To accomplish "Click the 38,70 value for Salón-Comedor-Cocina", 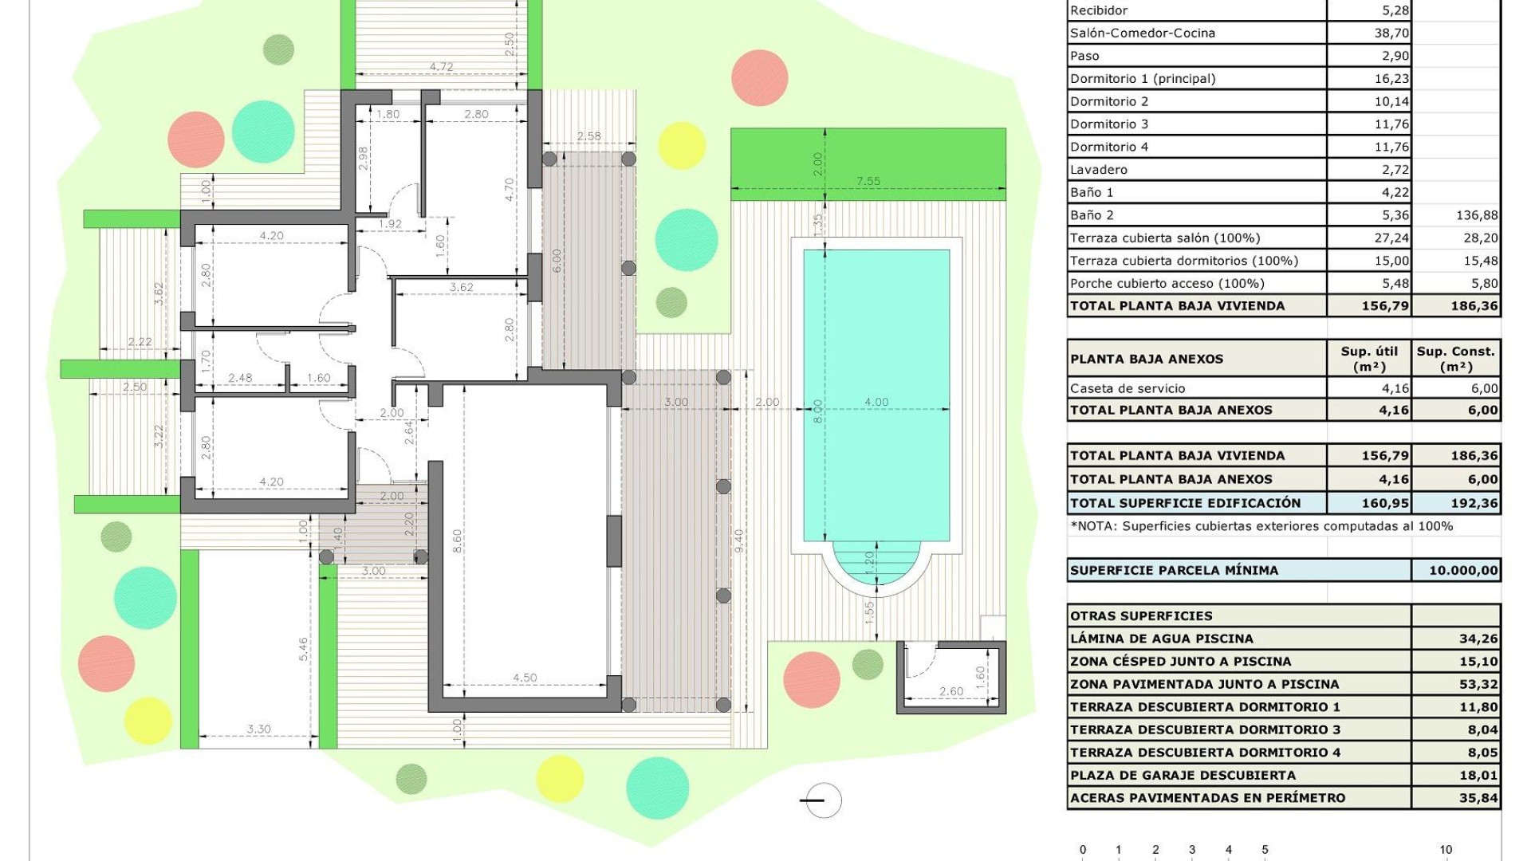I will [x=1391, y=33].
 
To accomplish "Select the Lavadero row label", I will [x=1099, y=170].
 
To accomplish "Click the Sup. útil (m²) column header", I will [x=1369, y=359].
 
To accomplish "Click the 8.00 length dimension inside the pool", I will [x=817, y=411].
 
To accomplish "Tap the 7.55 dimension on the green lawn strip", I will [x=868, y=181].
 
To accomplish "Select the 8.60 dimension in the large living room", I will [x=457, y=541].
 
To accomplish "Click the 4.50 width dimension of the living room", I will [x=524, y=678].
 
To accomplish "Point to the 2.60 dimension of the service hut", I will [x=950, y=691].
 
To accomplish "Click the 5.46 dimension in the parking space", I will [x=303, y=649].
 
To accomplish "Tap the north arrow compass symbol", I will [x=821, y=800].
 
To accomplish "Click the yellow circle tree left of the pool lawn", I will [x=682, y=145].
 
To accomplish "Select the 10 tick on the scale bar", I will [x=1445, y=850].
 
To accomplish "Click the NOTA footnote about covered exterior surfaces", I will [x=1261, y=526].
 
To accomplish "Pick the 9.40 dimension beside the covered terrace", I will [x=739, y=541].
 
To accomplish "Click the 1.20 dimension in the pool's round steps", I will [x=869, y=559].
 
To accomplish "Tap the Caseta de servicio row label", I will [x=1128, y=388].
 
